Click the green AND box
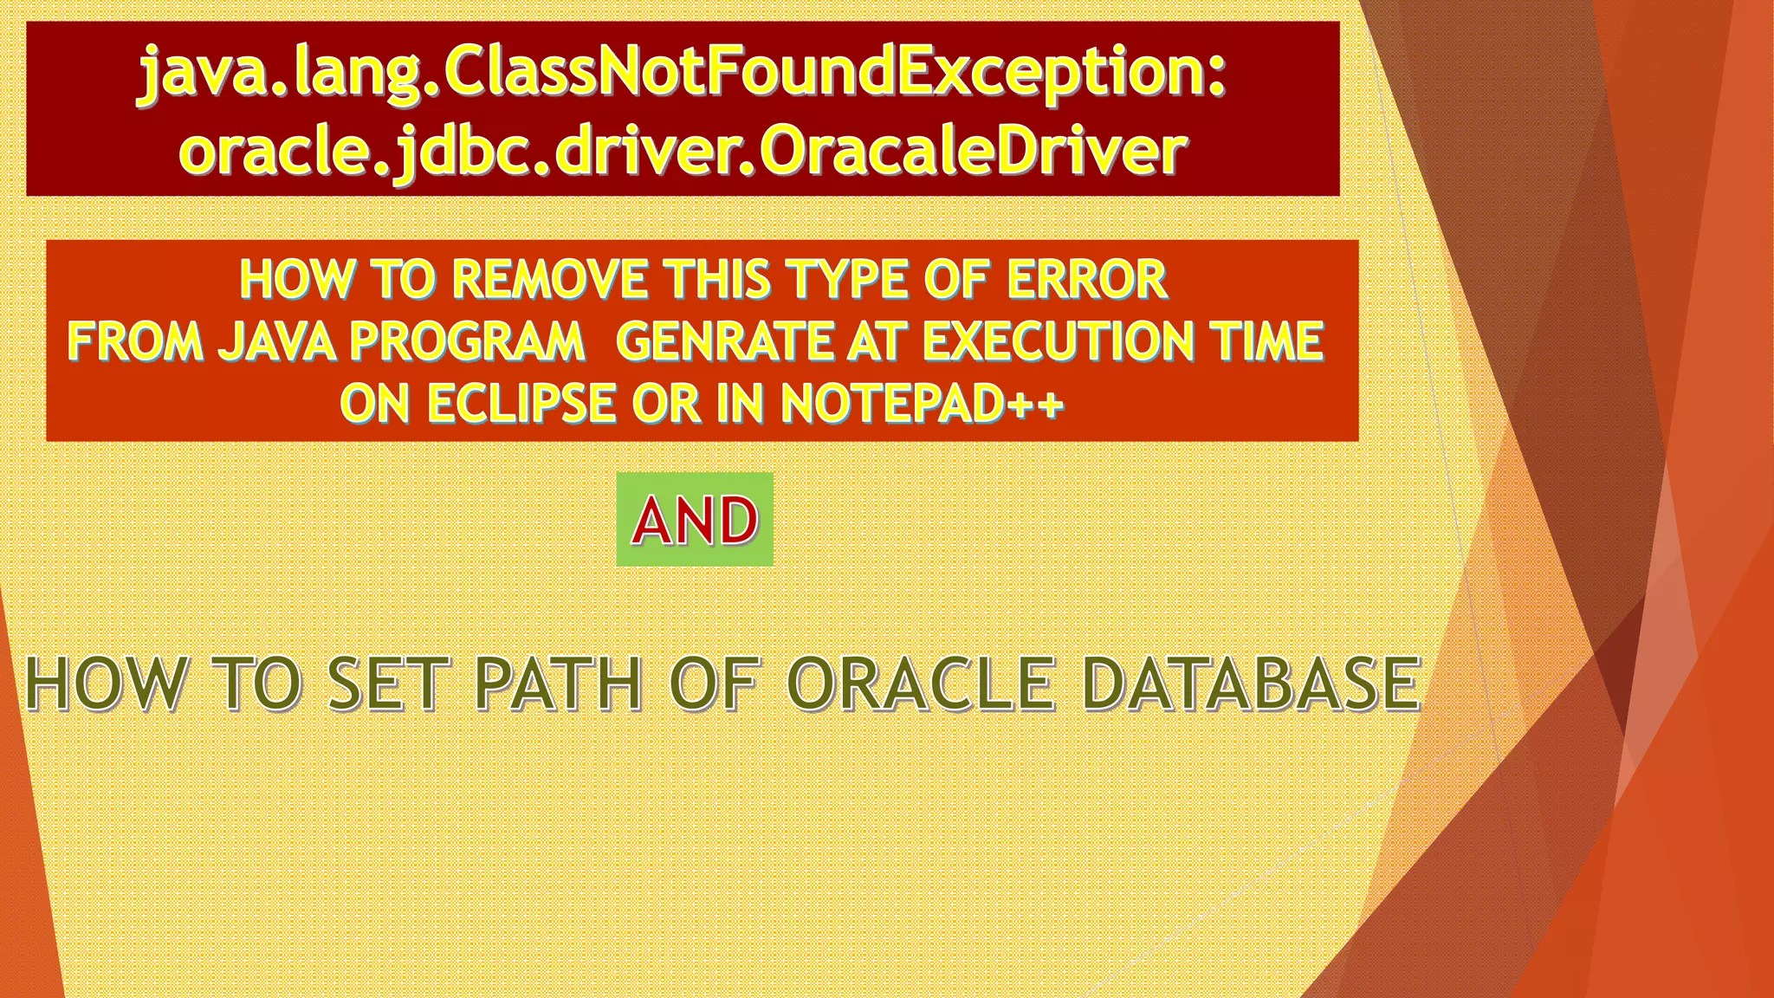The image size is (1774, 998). click(x=695, y=520)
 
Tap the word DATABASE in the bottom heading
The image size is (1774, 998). click(x=1252, y=684)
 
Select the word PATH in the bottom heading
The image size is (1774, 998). click(x=558, y=684)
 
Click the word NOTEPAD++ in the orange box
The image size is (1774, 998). click(x=922, y=404)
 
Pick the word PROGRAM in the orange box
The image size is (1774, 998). click(x=468, y=341)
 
